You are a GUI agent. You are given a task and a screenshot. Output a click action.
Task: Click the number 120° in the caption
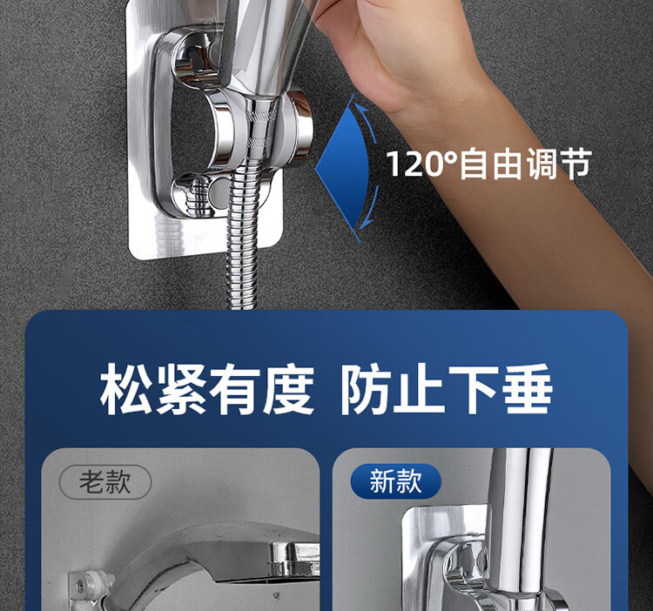click(422, 164)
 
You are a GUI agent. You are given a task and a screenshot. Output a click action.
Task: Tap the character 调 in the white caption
click(542, 164)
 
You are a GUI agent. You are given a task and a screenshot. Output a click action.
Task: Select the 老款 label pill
click(105, 482)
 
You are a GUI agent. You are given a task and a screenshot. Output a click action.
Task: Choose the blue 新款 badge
click(395, 481)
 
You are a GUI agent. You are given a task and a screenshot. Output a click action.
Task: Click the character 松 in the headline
click(125, 389)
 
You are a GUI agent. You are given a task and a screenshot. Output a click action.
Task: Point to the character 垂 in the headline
click(528, 389)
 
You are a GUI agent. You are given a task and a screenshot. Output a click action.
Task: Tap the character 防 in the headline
click(366, 389)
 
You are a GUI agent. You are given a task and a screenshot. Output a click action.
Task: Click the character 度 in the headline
click(288, 389)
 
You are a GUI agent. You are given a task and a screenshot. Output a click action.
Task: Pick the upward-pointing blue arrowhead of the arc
click(362, 110)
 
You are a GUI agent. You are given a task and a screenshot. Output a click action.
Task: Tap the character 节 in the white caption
click(576, 164)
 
